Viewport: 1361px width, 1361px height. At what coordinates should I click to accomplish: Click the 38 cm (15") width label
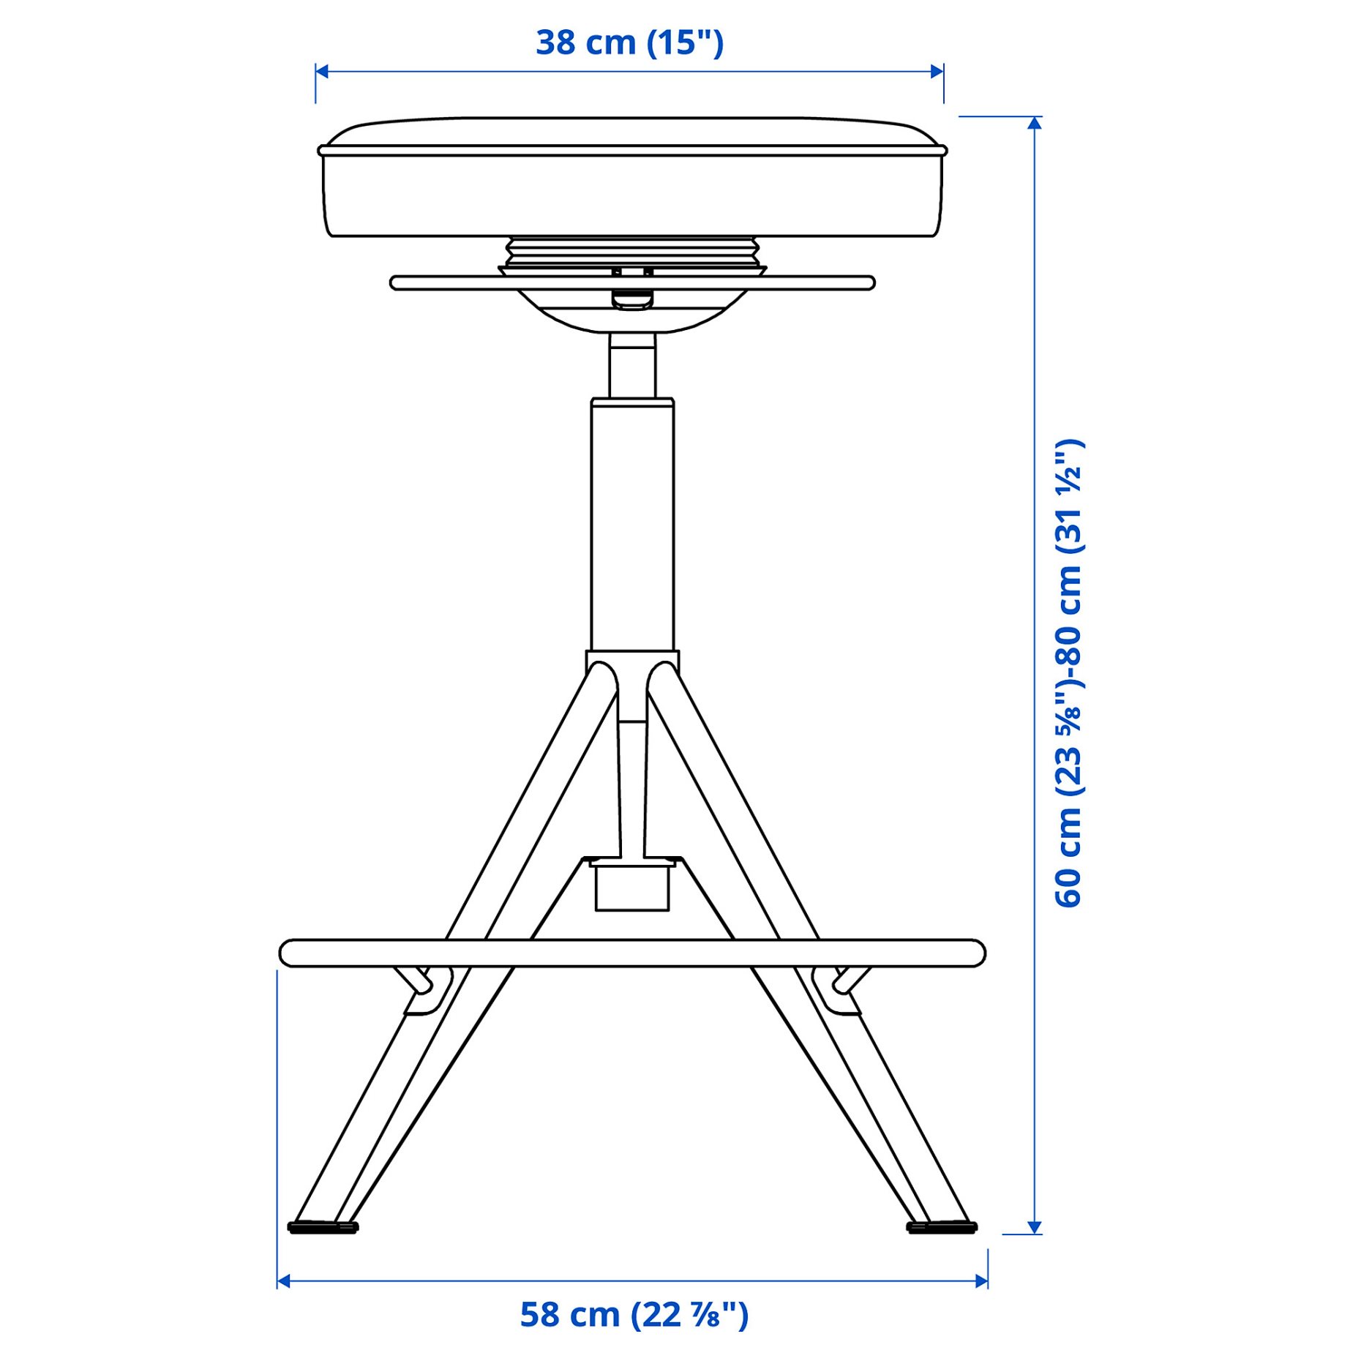(629, 42)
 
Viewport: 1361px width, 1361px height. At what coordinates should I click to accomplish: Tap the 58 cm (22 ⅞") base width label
(634, 1315)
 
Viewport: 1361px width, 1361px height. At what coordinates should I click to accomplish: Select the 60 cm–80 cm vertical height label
(1069, 673)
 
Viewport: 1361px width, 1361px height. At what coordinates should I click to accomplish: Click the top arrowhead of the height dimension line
(1034, 123)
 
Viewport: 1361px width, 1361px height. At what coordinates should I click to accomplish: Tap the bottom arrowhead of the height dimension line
(1034, 1227)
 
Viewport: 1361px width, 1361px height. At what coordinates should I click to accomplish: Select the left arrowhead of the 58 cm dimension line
(284, 1281)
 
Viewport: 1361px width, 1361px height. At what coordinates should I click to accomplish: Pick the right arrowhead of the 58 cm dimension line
(981, 1281)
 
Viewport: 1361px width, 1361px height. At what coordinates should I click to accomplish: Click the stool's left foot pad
(323, 1227)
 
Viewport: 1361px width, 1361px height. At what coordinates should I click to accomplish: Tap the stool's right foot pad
(942, 1227)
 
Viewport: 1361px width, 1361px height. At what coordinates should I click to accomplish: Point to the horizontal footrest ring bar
(632, 953)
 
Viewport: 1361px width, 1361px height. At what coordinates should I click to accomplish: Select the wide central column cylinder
(632, 523)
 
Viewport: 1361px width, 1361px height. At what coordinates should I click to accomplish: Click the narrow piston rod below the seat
(632, 366)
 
